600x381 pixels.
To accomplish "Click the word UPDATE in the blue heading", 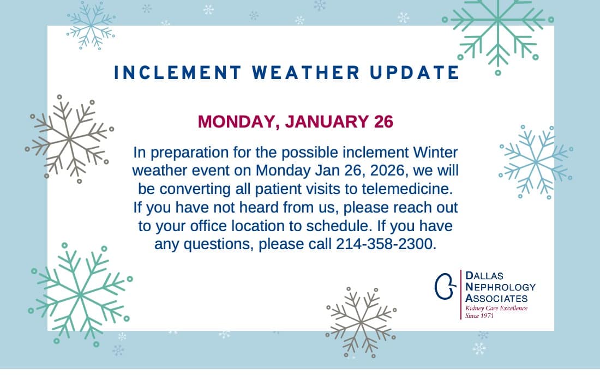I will coord(413,72).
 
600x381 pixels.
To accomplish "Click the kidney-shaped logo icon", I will coord(445,285).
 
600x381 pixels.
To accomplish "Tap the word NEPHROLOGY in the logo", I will coord(500,287).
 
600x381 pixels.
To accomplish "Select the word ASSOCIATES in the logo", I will coord(496,298).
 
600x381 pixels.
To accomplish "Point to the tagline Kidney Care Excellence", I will coord(496,309).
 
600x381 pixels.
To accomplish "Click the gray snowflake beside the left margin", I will coord(69,138).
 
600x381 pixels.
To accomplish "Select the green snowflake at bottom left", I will coord(80,294).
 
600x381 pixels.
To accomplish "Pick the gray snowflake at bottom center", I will coord(361,322).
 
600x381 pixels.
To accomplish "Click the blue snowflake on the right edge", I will coord(535,161).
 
